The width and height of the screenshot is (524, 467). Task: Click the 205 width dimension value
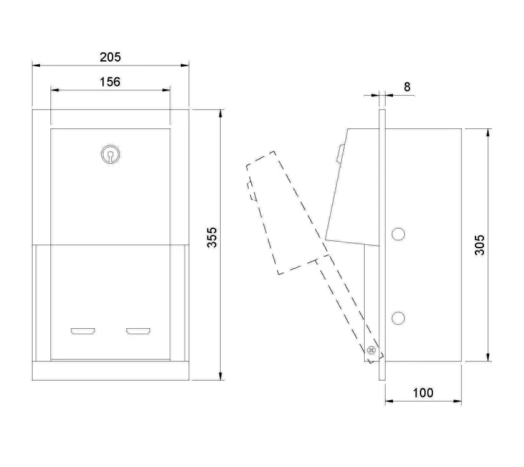(x=110, y=57)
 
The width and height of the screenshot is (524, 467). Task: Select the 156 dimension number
(x=110, y=82)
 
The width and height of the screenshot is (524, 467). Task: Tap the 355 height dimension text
(x=212, y=237)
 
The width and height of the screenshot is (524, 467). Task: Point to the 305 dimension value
(x=479, y=245)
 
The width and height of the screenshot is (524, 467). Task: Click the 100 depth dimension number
(x=423, y=393)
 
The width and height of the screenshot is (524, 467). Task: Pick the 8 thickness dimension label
(x=407, y=87)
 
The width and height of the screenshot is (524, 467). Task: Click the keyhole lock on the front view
(x=110, y=155)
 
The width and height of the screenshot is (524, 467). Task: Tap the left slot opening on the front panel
(x=83, y=331)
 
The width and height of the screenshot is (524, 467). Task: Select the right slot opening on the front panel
(x=138, y=331)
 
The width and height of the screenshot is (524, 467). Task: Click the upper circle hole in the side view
(x=398, y=234)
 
